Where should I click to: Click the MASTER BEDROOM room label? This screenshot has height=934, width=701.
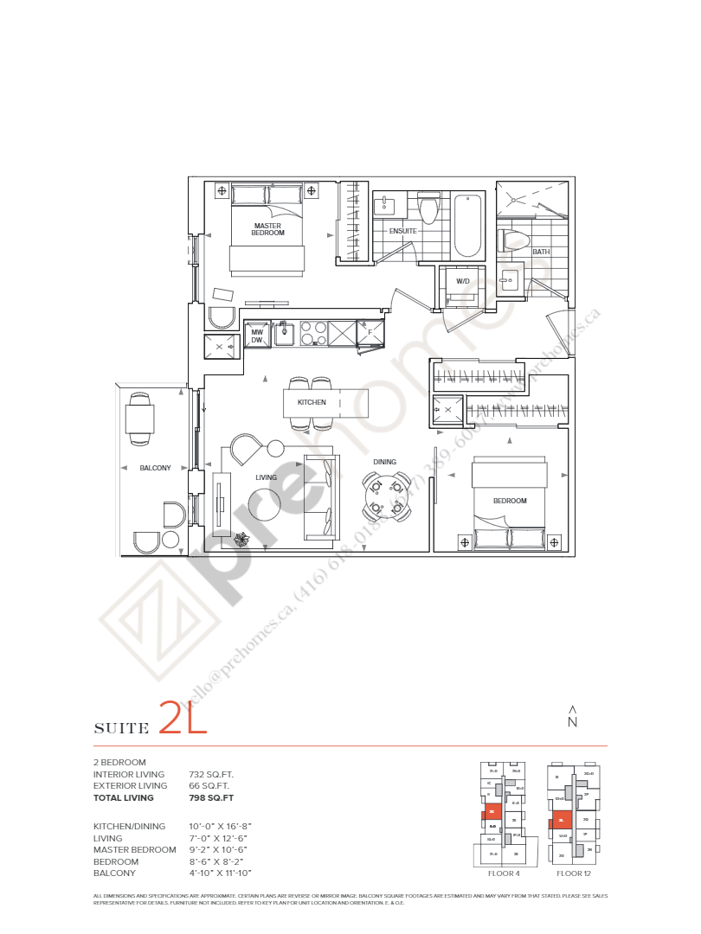click(267, 228)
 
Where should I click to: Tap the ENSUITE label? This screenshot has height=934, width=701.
click(402, 231)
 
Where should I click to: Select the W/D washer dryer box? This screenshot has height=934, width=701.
click(463, 281)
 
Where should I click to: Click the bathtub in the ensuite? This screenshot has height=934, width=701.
click(467, 226)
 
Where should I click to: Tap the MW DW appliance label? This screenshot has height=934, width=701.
click(256, 336)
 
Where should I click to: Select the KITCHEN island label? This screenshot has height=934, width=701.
click(312, 403)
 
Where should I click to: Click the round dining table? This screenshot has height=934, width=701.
click(385, 497)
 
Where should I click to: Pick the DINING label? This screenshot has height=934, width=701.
click(385, 462)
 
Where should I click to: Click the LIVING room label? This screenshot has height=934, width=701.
click(266, 477)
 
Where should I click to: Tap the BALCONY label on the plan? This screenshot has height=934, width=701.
click(156, 468)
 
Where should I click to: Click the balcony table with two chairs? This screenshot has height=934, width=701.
click(139, 419)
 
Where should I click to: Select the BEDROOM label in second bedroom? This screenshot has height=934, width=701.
click(510, 501)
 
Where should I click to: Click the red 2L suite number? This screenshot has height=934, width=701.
click(183, 719)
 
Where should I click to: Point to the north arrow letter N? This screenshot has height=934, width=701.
click(571, 722)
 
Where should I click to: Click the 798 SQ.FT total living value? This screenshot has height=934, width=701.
click(211, 797)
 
